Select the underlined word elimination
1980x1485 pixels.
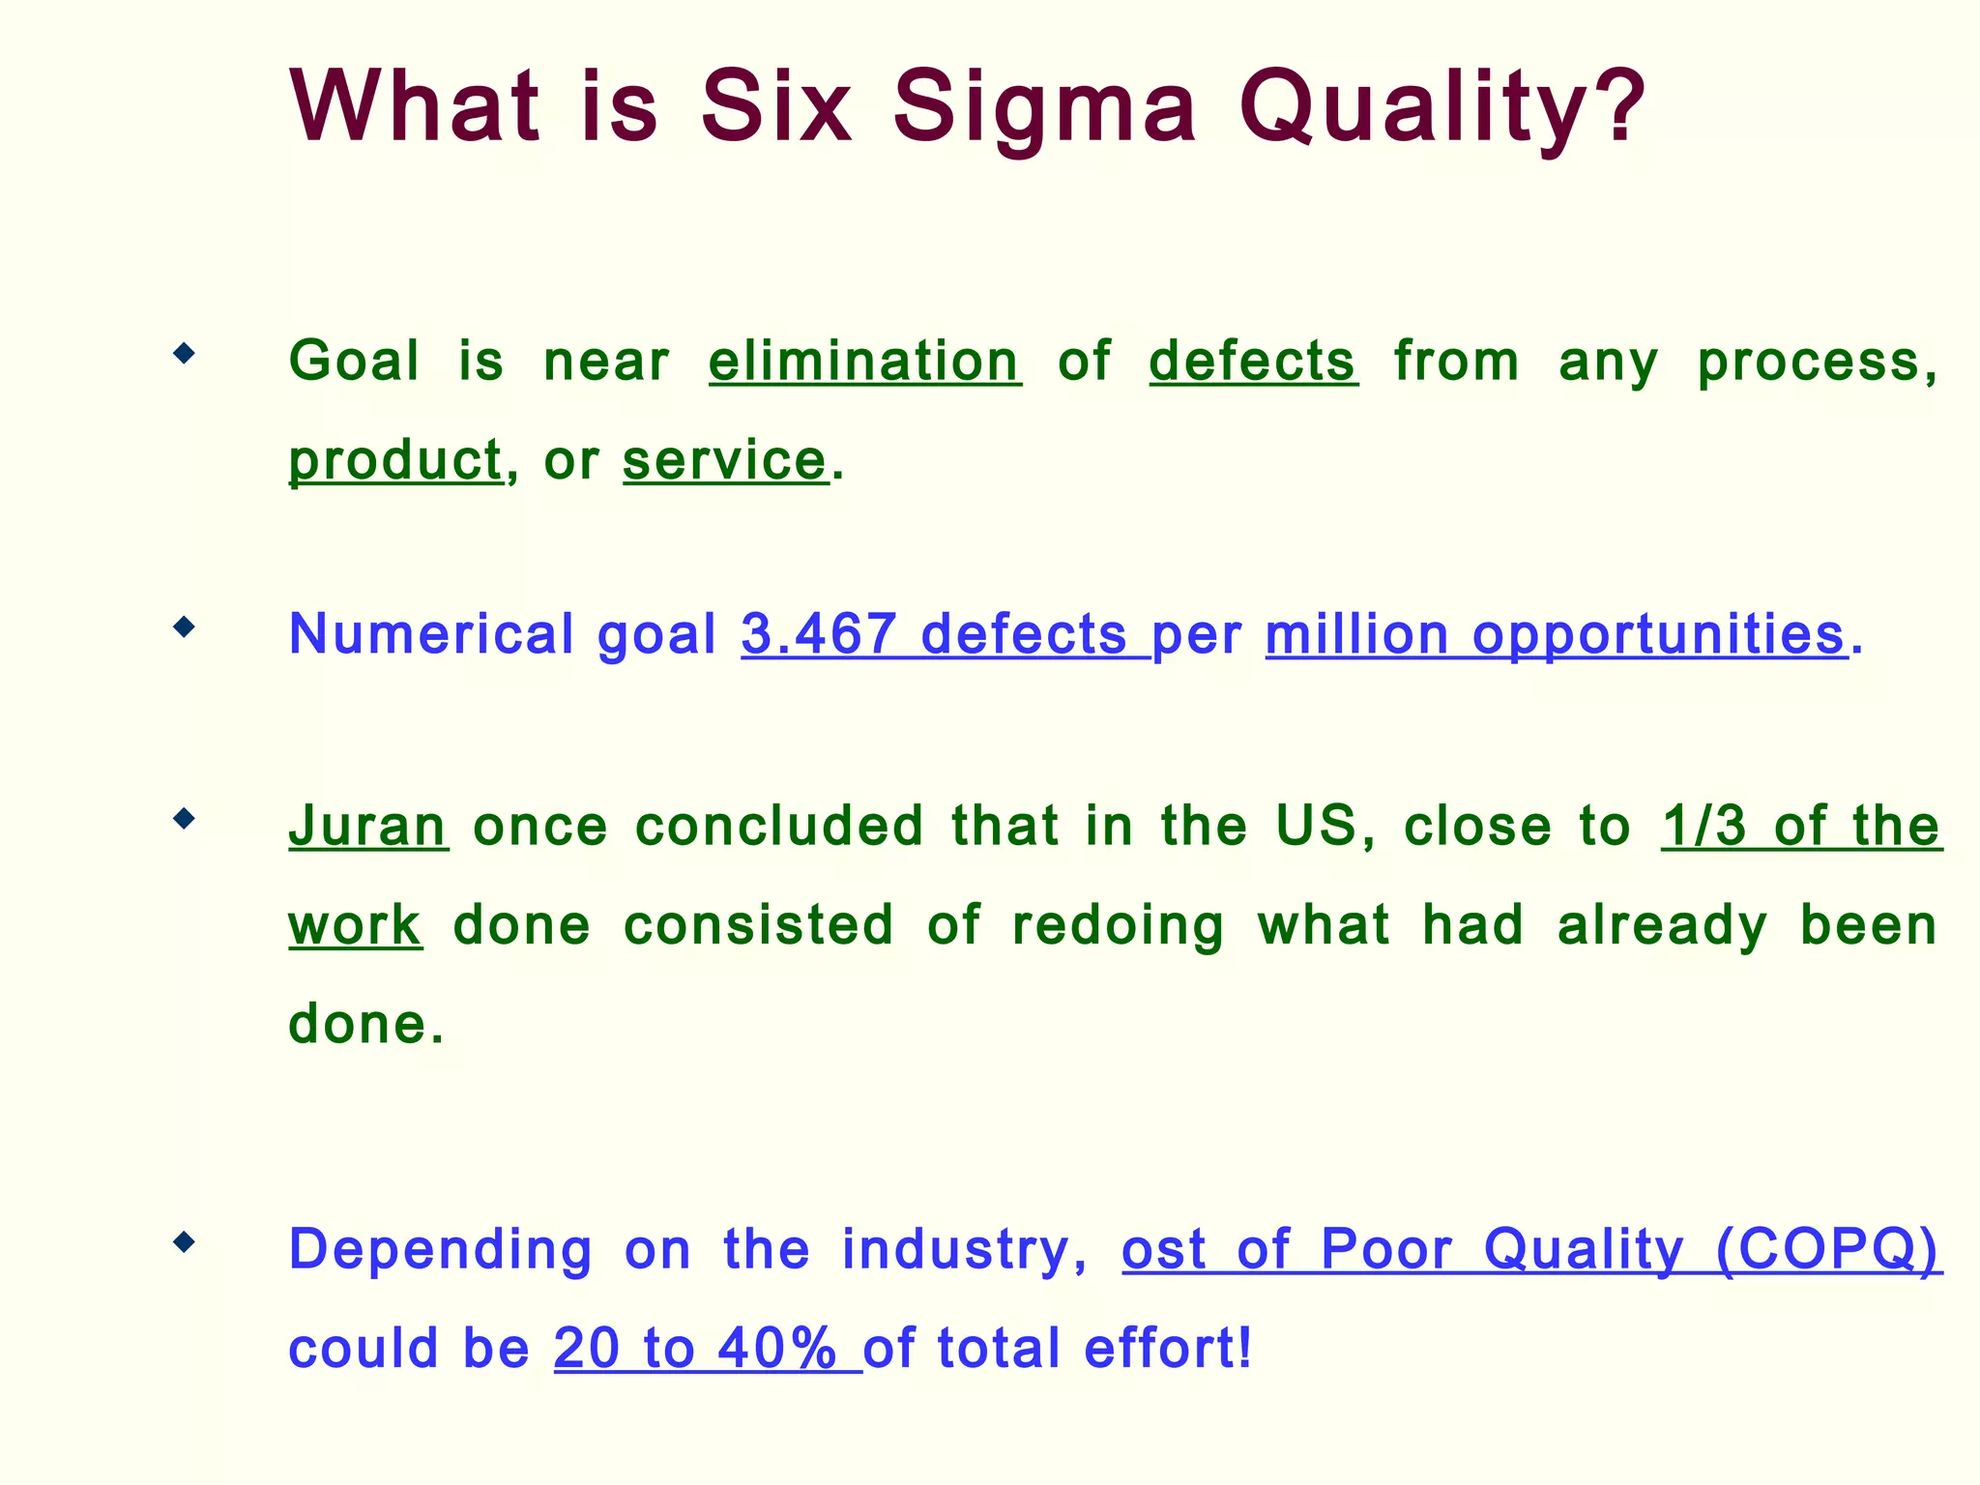[x=864, y=362]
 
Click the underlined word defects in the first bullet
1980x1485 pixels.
[x=1253, y=362]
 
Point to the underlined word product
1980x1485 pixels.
[x=395, y=460]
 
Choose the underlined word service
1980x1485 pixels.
[x=725, y=460]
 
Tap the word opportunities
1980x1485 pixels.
[x=1659, y=634]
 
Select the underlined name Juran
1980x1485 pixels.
[x=367, y=827]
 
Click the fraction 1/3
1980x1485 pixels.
[x=1704, y=827]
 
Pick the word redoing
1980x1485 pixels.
[x=1118, y=926]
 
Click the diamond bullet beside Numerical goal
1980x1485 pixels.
[x=184, y=628]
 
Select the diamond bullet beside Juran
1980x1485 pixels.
[x=184, y=820]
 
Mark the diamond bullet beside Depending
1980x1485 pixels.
[x=184, y=1241]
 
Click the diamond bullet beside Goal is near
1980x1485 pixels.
[x=184, y=354]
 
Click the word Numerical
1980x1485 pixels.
[x=431, y=634]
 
